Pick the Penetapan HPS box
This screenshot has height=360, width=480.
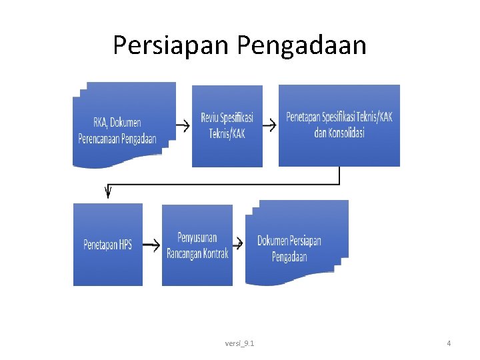coord(107,245)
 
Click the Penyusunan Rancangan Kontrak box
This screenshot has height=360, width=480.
coord(197,245)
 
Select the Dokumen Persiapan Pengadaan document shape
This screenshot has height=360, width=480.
coord(296,243)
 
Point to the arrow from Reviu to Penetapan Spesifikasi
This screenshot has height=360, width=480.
coord(269,125)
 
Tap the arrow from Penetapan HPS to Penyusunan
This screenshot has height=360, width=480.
coord(151,245)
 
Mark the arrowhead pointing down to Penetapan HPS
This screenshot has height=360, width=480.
coord(107,193)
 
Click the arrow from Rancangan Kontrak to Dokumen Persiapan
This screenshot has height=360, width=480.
coord(240,245)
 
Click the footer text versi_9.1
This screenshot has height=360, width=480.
coord(239,343)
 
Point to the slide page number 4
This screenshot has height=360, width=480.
coord(449,343)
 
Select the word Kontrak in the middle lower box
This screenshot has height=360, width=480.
coord(215,253)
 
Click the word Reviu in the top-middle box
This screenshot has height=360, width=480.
coord(211,118)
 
